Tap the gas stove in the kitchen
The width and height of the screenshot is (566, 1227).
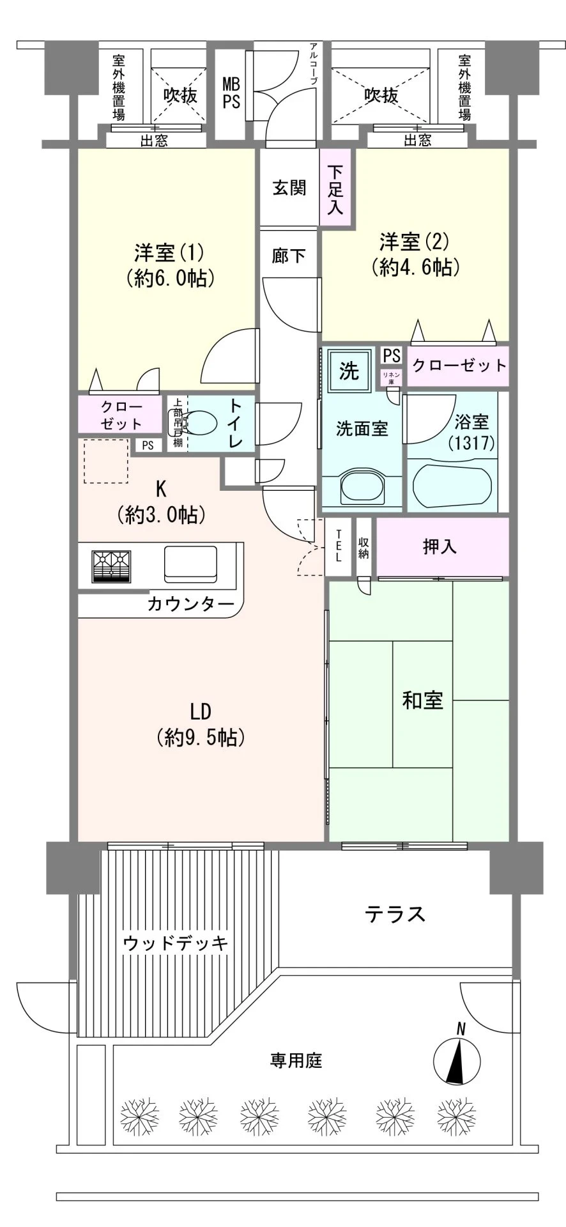[x=111, y=566]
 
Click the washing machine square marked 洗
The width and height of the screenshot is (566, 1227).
[x=349, y=371]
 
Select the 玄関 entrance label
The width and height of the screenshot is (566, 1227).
[x=289, y=188]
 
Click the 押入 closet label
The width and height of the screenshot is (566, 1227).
[x=440, y=547]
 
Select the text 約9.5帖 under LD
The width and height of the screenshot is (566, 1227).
[x=200, y=738]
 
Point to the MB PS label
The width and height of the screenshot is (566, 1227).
[x=231, y=93]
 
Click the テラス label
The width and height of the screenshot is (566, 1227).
[x=395, y=914]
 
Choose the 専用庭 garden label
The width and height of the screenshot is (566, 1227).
[x=295, y=1061]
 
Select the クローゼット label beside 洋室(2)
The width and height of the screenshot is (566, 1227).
[x=459, y=366]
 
